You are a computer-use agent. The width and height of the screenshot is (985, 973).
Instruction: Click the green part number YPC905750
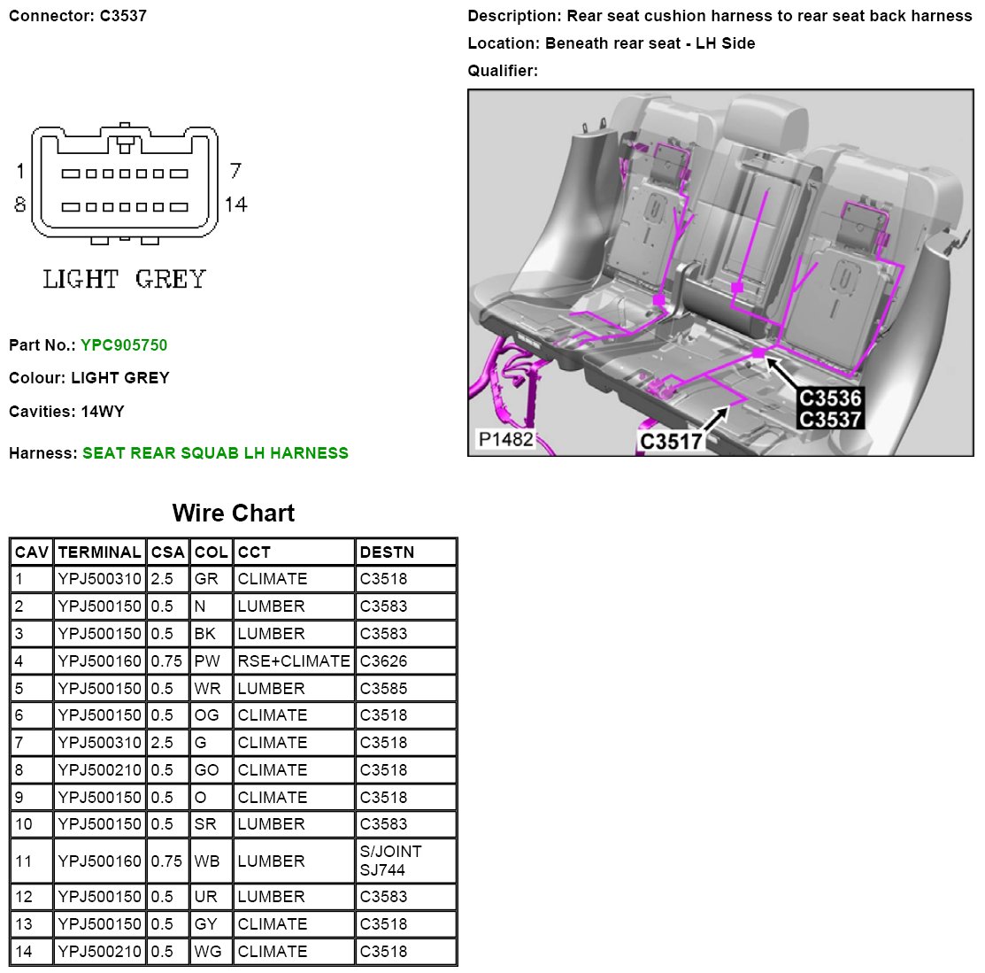[x=124, y=345]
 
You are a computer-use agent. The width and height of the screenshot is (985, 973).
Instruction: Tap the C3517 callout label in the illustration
[x=671, y=441]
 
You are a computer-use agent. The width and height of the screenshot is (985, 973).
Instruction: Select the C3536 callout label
[x=829, y=398]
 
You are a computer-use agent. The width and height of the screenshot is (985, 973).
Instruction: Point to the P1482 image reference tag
[x=505, y=439]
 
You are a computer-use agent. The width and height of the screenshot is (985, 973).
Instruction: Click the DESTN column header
[x=387, y=552]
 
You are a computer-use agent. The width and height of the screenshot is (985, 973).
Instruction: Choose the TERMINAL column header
[x=99, y=552]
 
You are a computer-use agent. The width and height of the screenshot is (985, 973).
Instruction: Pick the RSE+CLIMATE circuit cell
[x=294, y=660]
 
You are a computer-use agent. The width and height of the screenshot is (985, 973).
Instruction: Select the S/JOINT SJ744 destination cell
[x=390, y=861]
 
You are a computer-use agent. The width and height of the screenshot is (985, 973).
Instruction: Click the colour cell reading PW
[x=207, y=660]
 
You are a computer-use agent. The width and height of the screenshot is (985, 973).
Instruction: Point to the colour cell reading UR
[x=205, y=897]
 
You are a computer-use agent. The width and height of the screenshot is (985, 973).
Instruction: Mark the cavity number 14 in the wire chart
[x=23, y=952]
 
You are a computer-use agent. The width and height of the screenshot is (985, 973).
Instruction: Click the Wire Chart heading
[x=234, y=514]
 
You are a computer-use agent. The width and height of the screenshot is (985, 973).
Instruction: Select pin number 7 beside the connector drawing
[x=235, y=170]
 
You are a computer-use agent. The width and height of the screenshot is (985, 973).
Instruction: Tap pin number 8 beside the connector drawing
[x=19, y=205]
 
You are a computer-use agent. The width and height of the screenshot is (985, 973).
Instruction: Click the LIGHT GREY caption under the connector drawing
[x=124, y=280]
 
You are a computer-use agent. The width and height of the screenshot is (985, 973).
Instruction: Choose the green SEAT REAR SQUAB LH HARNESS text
[x=215, y=453]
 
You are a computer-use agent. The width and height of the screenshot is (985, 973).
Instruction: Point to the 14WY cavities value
[x=103, y=412]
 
